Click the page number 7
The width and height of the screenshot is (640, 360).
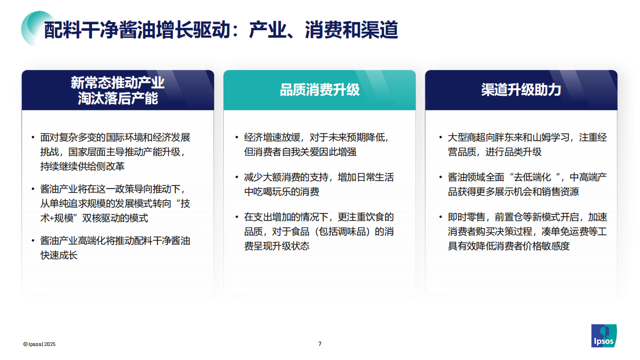(320, 344)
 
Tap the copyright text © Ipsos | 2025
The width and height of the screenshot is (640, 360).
(39, 344)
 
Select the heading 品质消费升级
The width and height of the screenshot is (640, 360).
(319, 90)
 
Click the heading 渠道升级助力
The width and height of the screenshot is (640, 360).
(521, 90)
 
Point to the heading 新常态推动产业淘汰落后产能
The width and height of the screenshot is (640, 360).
(118, 90)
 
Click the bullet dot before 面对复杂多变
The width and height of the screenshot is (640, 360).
(33, 138)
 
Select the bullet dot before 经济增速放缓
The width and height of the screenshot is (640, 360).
(237, 138)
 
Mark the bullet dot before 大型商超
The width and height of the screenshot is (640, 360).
(440, 138)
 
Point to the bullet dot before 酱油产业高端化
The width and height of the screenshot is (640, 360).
(33, 241)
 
